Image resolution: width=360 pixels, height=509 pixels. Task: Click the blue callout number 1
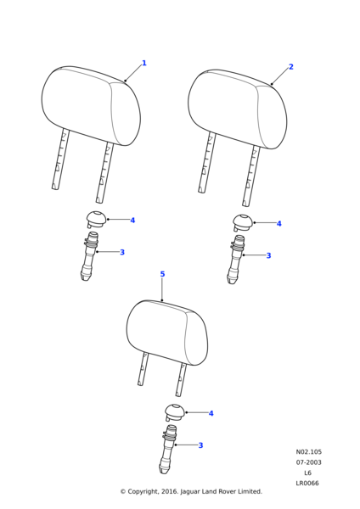pyautogui.click(x=144, y=63)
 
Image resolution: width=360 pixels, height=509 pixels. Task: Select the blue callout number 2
pyautogui.click(x=290, y=66)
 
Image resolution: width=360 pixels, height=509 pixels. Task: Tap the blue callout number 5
pyautogui.click(x=162, y=274)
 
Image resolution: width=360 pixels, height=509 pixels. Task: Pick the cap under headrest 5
pyautogui.click(x=175, y=412)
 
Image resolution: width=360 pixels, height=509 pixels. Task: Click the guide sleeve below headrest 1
pyautogui.click(x=88, y=256)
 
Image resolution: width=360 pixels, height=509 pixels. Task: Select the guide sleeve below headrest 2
pyautogui.click(x=235, y=260)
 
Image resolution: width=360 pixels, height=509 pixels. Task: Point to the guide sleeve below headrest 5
pyautogui.click(x=167, y=450)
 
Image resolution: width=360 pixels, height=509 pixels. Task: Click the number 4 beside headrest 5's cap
pyautogui.click(x=211, y=413)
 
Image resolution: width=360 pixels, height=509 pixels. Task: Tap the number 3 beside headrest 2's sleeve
pyautogui.click(x=268, y=255)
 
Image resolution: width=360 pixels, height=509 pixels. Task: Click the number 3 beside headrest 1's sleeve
pyautogui.click(x=122, y=252)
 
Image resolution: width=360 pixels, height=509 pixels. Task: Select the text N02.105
pyautogui.click(x=309, y=452)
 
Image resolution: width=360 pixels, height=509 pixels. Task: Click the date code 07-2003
pyautogui.click(x=308, y=462)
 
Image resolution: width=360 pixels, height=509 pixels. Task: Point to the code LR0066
pyautogui.click(x=307, y=483)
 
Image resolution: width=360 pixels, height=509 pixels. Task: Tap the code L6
pyautogui.click(x=307, y=473)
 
